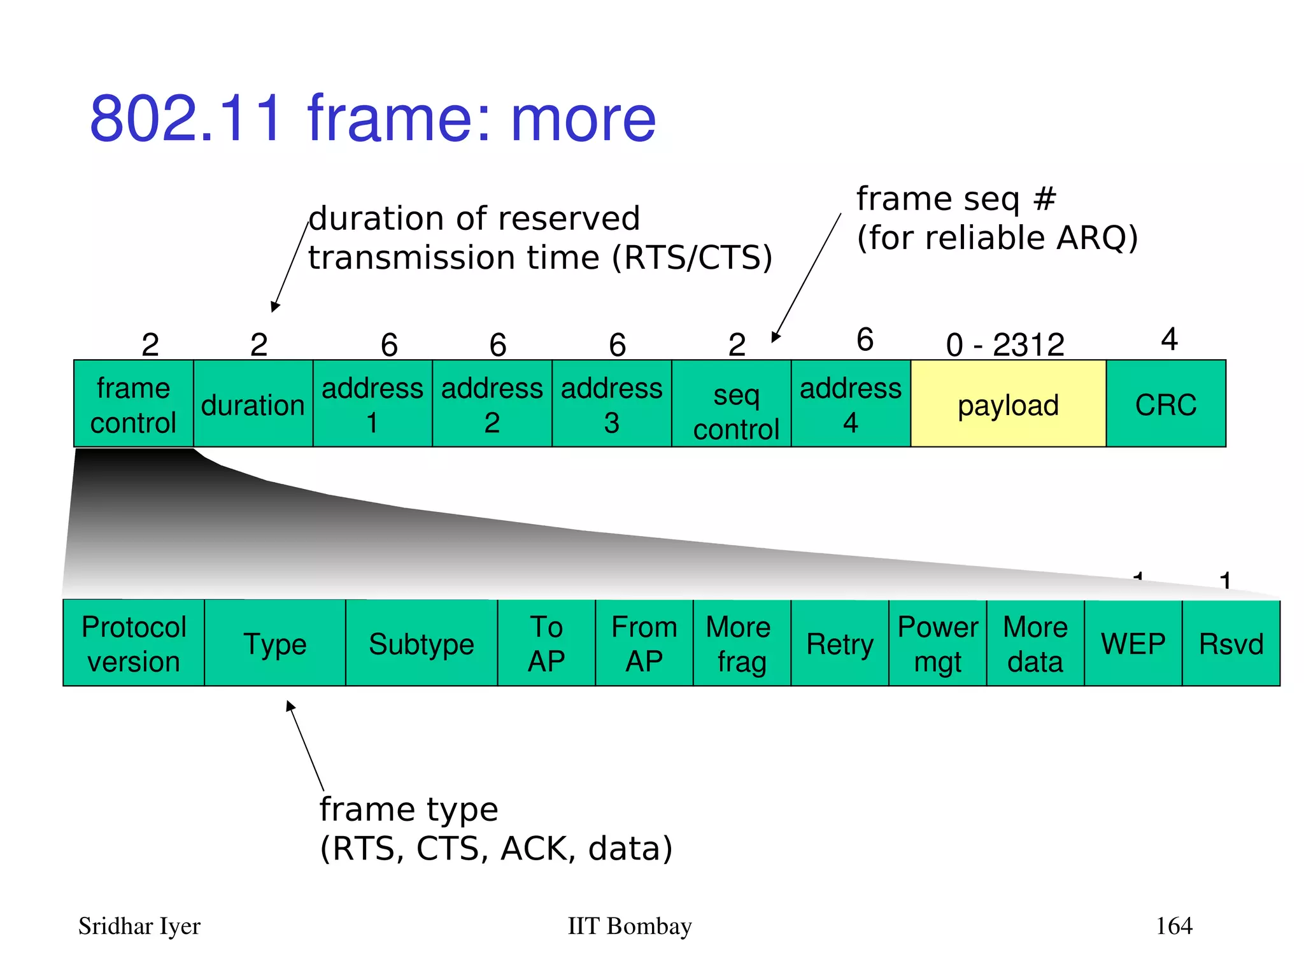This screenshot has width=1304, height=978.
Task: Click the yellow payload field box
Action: (x=1008, y=404)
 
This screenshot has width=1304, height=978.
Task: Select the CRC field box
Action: (x=1165, y=404)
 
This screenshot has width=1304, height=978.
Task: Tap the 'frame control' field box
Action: (x=133, y=404)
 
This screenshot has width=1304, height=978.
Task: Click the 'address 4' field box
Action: (x=851, y=404)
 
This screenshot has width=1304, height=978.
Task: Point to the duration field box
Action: (x=253, y=404)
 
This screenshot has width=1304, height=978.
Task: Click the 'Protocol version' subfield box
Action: (x=134, y=643)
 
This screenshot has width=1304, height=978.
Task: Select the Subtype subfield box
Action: (x=421, y=643)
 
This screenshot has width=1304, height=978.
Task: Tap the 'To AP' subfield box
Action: (x=546, y=643)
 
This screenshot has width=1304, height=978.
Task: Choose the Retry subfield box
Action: (x=839, y=643)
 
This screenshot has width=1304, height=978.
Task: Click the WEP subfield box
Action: (x=1133, y=643)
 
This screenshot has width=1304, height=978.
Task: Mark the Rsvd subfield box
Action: (x=1231, y=643)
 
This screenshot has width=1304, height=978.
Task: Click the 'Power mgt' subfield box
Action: (x=937, y=643)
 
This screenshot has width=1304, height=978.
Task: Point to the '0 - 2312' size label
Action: (x=1005, y=345)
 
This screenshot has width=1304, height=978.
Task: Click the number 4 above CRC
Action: (x=1169, y=339)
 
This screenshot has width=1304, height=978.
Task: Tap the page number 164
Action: (x=1173, y=926)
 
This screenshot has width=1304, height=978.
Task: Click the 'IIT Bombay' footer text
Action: (x=629, y=926)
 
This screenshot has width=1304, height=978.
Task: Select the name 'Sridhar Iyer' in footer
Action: (x=139, y=926)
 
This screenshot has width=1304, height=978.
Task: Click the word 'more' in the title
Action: (x=583, y=119)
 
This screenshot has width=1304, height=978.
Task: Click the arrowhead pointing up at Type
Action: (x=290, y=705)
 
